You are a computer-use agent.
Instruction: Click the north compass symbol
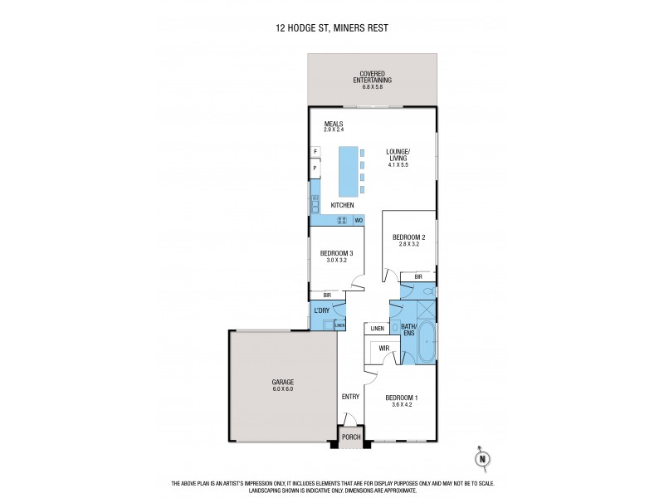[481, 457]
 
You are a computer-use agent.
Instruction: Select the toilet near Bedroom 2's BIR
[424, 291]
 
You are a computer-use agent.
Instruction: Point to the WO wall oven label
[359, 221]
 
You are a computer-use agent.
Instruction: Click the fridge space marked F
[315, 151]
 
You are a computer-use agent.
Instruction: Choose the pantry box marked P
[315, 168]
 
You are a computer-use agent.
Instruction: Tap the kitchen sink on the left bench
[315, 203]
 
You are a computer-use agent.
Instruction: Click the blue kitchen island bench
[347, 170]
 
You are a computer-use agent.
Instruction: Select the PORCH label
[350, 436]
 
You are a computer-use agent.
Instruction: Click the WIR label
[384, 348]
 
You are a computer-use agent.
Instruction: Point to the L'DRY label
[322, 310]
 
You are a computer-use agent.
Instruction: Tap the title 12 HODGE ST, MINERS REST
[332, 28]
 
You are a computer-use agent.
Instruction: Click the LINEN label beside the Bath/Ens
[378, 329]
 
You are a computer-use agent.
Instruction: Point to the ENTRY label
[350, 397]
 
